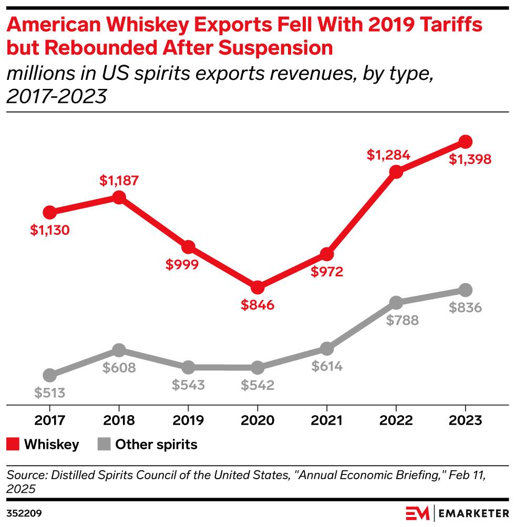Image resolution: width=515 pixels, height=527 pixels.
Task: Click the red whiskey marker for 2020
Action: point(257,287)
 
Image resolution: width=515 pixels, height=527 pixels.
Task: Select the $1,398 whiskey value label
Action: point(470,159)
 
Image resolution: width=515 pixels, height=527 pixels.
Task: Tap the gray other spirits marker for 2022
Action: point(396,303)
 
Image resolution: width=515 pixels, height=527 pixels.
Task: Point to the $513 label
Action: point(49,392)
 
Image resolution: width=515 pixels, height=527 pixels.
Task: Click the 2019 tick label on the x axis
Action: point(188,421)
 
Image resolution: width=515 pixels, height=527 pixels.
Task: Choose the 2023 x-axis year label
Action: point(465,421)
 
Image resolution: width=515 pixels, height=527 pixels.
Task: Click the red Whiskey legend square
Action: point(13,445)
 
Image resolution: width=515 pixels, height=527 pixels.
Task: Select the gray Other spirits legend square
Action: point(104,445)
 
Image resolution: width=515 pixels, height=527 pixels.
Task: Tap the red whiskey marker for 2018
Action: point(119,197)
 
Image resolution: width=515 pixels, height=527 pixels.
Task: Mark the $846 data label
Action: point(257,305)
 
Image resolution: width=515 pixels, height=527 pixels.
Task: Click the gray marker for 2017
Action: point(49,375)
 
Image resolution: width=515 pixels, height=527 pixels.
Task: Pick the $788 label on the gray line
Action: point(402,321)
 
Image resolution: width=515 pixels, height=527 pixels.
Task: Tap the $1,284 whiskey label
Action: point(388,156)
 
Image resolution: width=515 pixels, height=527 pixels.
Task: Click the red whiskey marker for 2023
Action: point(465,141)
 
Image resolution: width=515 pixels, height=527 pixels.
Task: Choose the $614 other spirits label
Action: point(326,366)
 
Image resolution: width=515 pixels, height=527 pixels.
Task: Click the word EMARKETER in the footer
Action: point(472,512)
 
